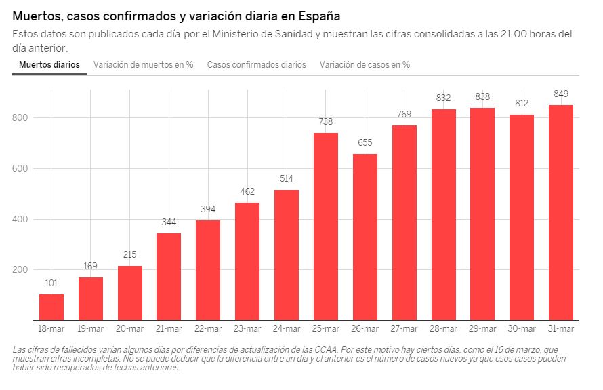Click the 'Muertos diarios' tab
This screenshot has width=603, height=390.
tap(49, 65)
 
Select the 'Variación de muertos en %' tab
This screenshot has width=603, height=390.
tap(144, 65)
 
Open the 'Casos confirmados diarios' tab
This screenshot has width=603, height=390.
tap(257, 65)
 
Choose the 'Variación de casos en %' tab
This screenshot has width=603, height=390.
tap(365, 65)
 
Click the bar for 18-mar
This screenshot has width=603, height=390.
tap(51, 307)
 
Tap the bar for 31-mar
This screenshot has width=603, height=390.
tap(561, 212)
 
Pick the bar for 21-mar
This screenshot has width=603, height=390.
tap(169, 276)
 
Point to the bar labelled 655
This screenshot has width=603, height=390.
tap(365, 237)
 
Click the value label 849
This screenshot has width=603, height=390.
tap(561, 94)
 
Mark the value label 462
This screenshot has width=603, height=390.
tap(247, 191)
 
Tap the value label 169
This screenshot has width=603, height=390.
tap(90, 266)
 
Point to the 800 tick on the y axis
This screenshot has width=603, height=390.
tap(20, 118)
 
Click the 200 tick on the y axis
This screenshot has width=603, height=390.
tap(20, 270)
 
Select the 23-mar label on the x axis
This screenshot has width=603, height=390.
tap(247, 329)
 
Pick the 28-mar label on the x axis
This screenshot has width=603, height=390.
tap(443, 329)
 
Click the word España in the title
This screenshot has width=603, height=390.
tap(318, 15)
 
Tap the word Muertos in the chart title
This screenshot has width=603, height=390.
tap(37, 15)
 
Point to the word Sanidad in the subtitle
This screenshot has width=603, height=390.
tap(291, 34)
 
